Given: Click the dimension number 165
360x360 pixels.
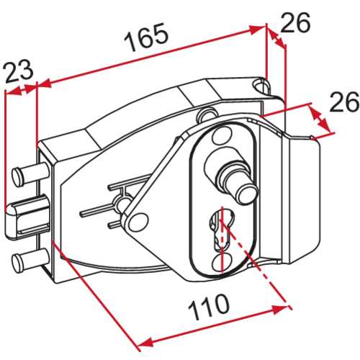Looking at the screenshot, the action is pos(145,37).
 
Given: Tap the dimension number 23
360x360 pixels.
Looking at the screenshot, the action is pos(19,71).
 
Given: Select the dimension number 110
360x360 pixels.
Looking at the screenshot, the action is pos(209,307).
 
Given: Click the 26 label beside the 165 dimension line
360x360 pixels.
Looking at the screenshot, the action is pos(295,22).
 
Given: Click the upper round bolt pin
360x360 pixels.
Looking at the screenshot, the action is pos(31,174).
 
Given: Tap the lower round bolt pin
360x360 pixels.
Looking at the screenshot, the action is pos(31,260).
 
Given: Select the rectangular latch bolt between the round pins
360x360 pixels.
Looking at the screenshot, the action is pos(27,217).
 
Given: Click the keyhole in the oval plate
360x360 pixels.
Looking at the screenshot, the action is pos(222,231).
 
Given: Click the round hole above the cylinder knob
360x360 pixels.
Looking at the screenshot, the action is pos(222,135).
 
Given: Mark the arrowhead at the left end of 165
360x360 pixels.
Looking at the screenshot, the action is pos(45,83).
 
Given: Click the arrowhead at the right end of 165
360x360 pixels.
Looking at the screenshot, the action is pos(258,29).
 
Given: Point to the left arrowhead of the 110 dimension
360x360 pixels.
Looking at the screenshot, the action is pos(145,342).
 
